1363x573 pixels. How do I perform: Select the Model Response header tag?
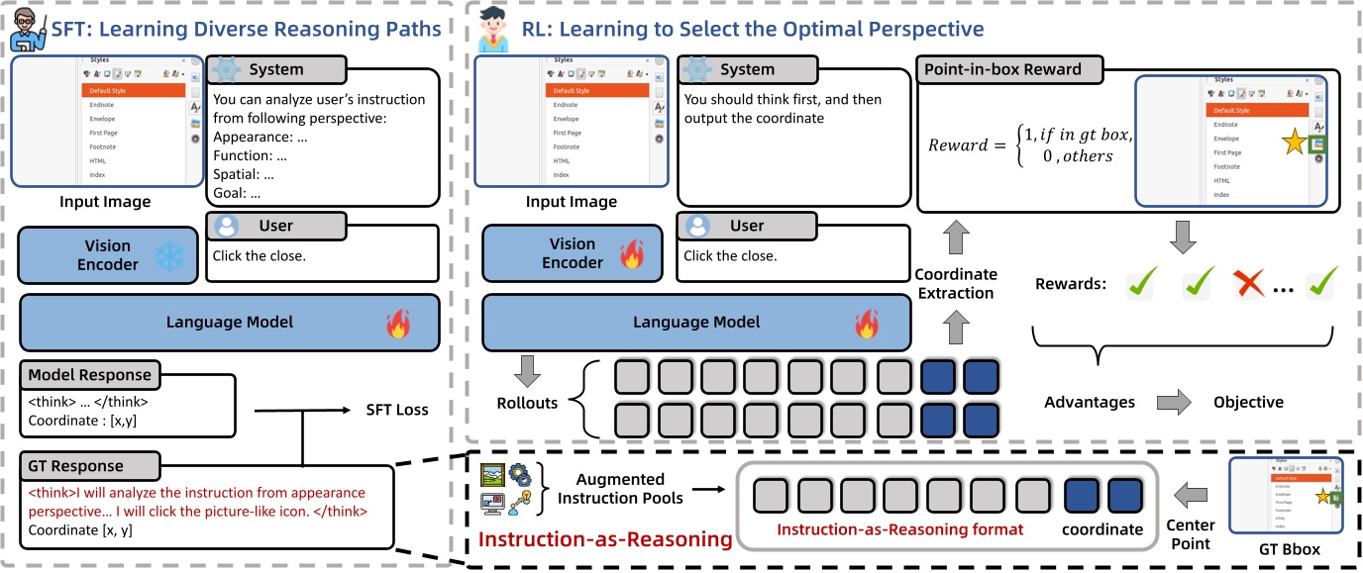click(90, 375)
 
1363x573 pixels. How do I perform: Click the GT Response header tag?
click(75, 466)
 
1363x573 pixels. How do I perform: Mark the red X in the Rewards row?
click(1250, 286)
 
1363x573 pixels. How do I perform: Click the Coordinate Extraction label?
click(955, 282)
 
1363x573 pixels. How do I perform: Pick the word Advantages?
click(1089, 402)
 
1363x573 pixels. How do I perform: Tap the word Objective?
click(1248, 402)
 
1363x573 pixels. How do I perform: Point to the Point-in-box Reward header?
click(1002, 70)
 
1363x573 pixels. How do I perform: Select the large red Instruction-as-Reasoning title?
click(604, 538)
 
